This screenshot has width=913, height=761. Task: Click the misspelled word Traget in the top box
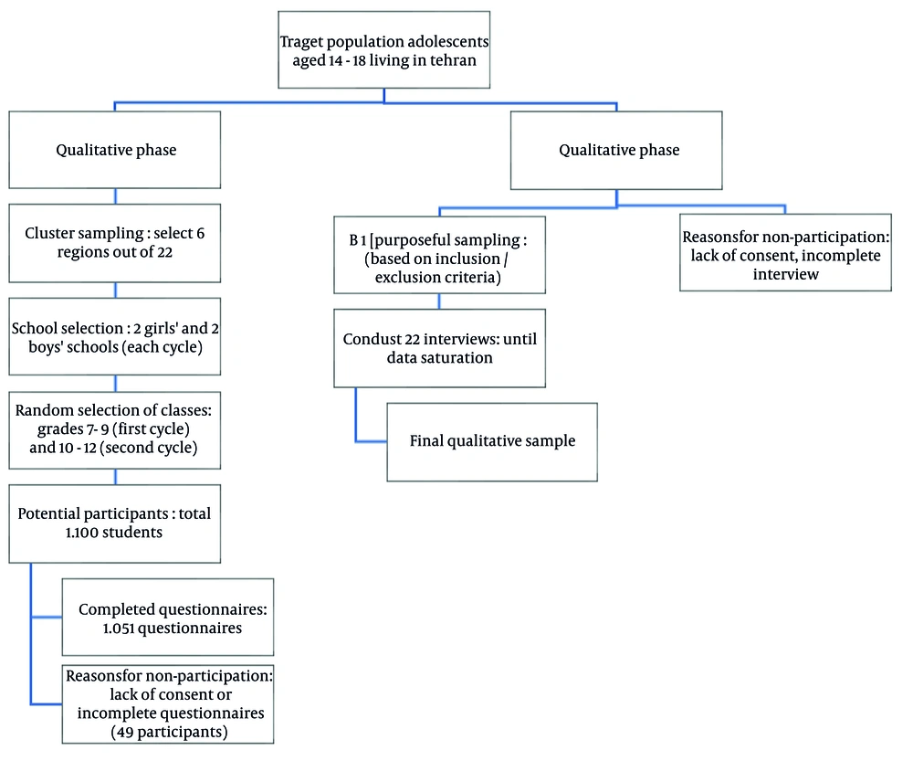[x=301, y=42]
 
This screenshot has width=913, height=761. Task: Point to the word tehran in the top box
[x=453, y=60]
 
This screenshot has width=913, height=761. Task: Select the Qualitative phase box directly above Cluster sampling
[x=115, y=150]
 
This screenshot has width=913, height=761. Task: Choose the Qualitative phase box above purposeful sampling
[x=616, y=151]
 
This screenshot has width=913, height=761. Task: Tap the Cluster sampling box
[x=115, y=243]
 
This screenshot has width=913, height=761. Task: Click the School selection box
[x=115, y=337]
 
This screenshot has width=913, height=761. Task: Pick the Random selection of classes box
[x=115, y=430]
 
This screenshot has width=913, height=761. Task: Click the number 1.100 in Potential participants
[x=81, y=532]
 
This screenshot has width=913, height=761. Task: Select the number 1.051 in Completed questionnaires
[x=119, y=629]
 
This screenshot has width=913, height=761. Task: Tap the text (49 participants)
[x=170, y=732]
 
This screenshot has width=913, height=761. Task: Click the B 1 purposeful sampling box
[x=440, y=255]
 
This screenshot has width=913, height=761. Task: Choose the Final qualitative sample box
[x=492, y=442]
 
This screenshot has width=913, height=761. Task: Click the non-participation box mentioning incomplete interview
[x=785, y=252]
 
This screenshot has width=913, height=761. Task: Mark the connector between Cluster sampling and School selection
[x=115, y=291]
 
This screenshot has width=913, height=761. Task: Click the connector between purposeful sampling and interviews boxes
[x=439, y=301]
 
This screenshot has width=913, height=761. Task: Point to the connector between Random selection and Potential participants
[x=115, y=477]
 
